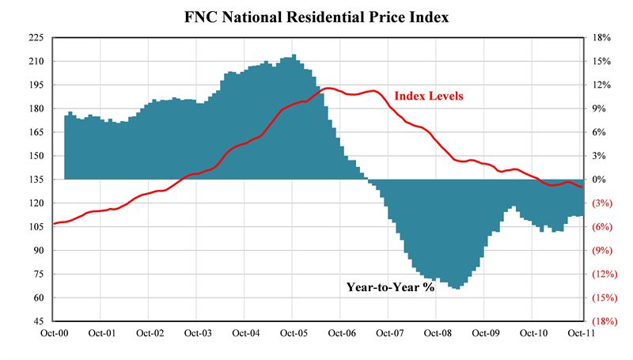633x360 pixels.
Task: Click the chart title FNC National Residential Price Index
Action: pos(316,16)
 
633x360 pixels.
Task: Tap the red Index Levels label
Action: pos(429,97)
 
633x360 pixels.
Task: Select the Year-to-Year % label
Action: pos(391,287)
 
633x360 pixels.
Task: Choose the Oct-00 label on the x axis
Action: pos(54,334)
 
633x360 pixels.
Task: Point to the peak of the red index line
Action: pos(329,89)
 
